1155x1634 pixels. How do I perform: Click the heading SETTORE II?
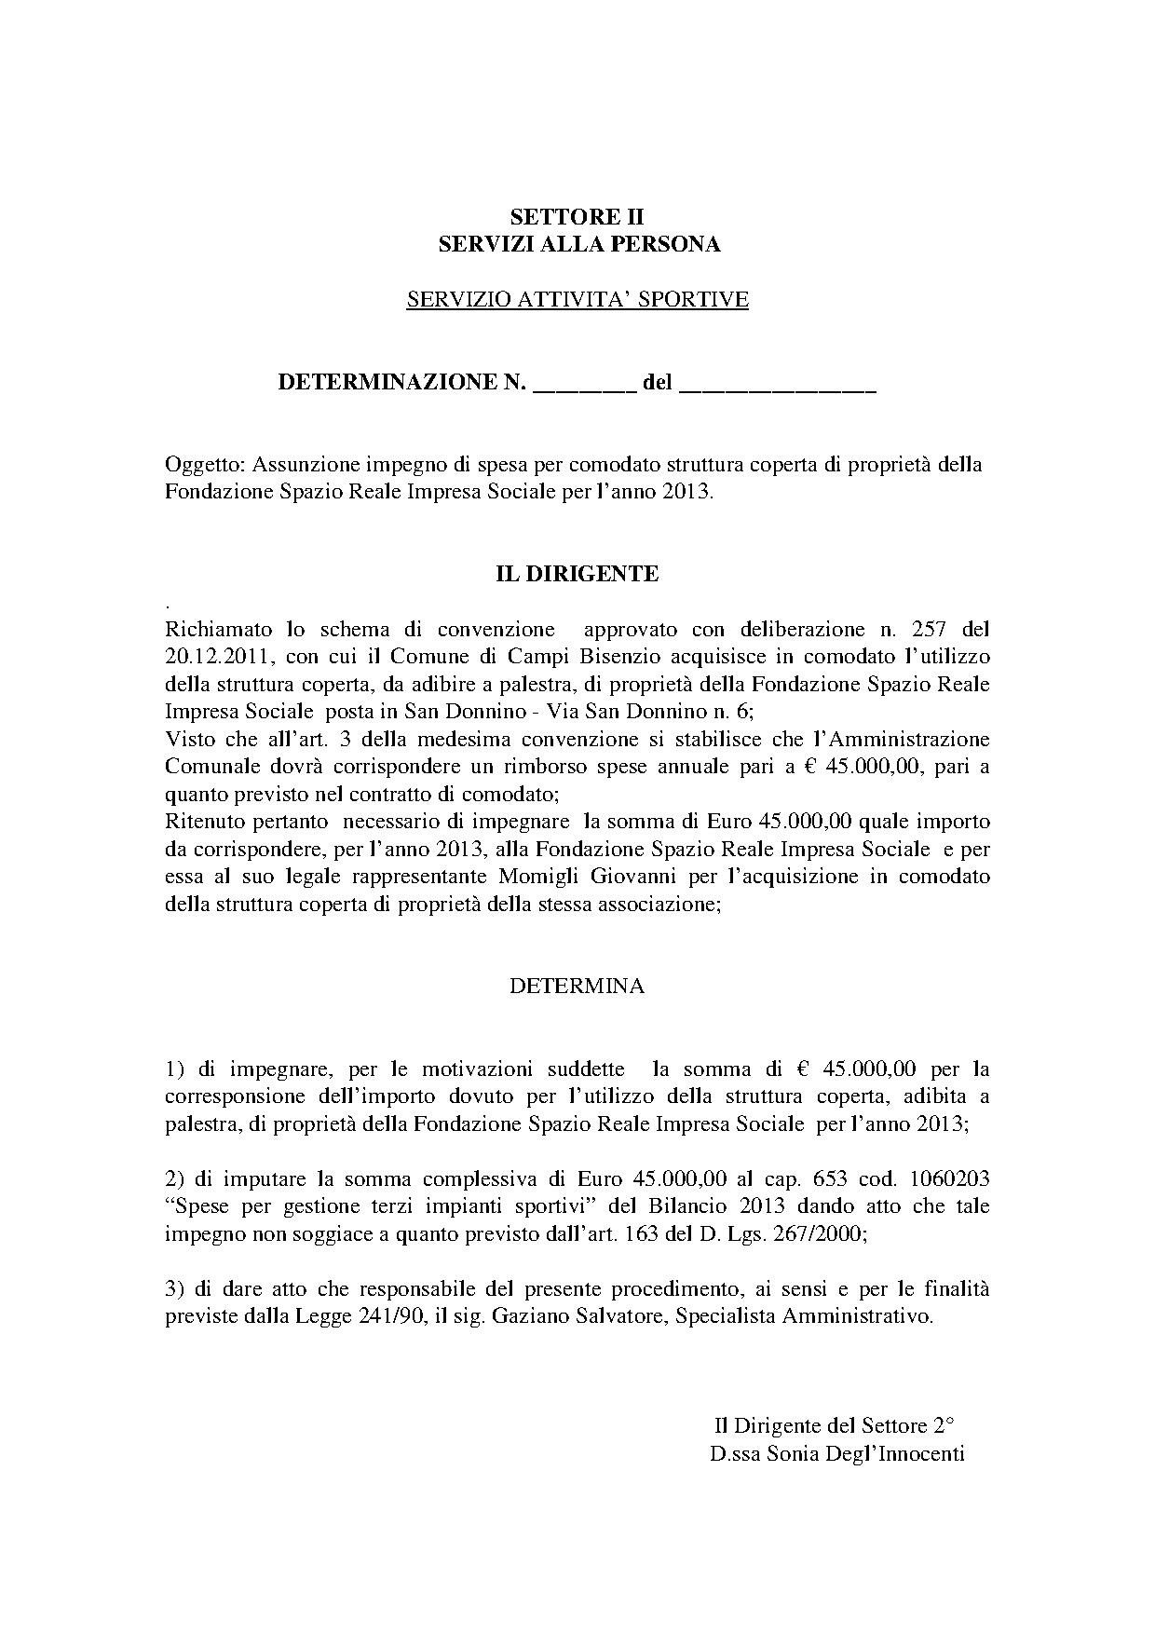click(577, 218)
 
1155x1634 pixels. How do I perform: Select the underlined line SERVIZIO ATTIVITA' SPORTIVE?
click(577, 299)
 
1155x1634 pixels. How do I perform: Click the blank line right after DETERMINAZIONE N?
click(583, 384)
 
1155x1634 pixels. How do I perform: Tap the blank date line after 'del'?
click(778, 384)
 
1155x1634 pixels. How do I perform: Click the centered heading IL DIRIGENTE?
click(577, 574)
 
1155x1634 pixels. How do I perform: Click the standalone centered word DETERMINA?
click(577, 987)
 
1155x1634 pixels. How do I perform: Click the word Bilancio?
click(686, 1206)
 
